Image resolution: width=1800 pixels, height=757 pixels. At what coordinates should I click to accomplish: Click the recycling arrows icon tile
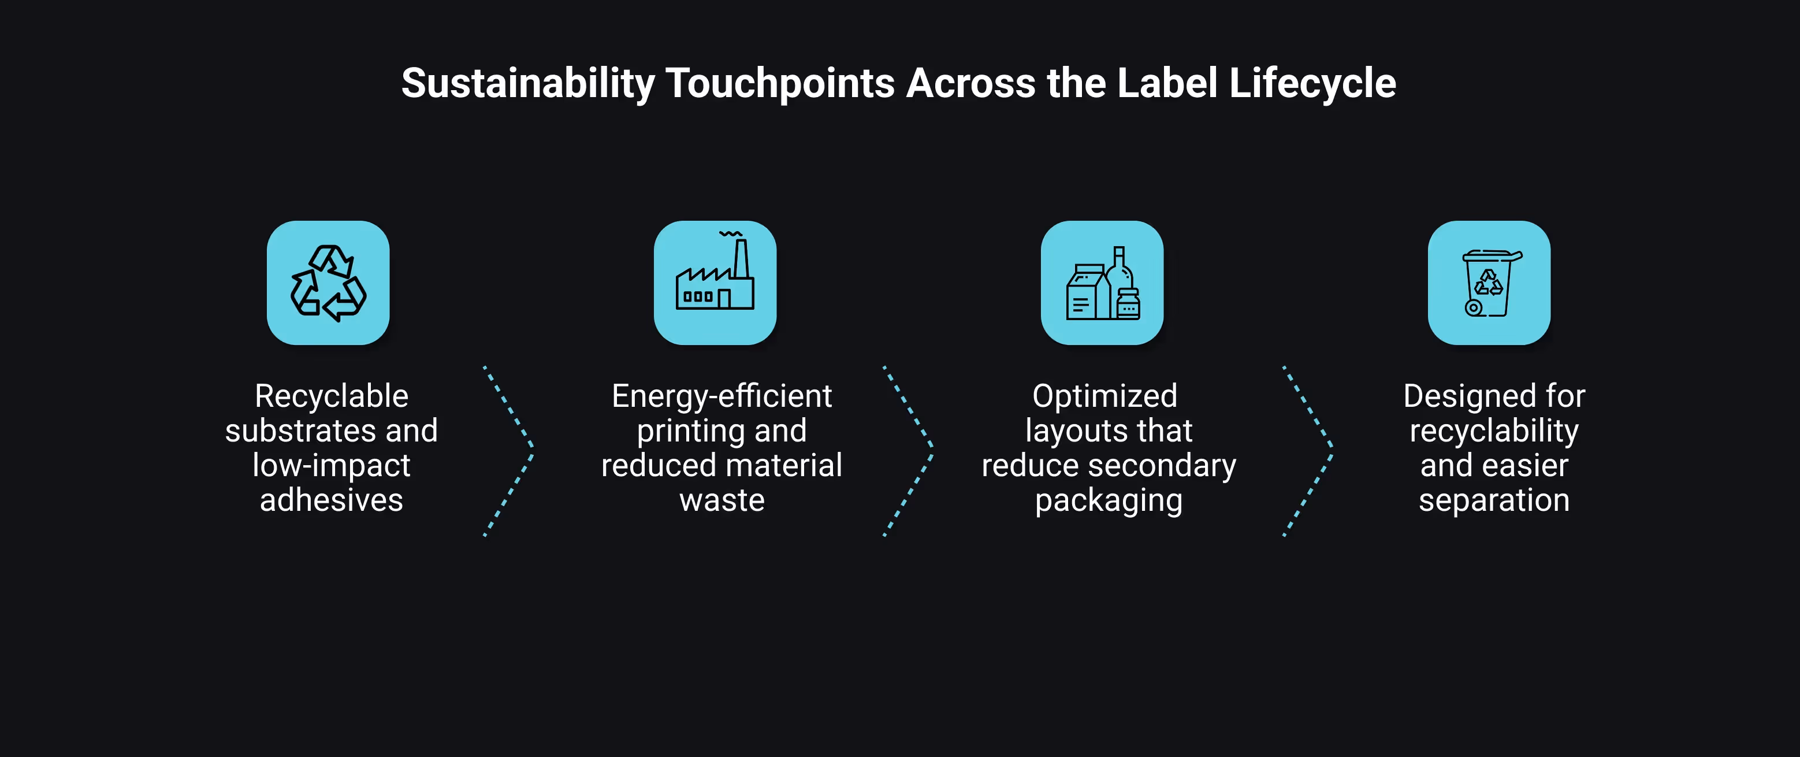pos(328,283)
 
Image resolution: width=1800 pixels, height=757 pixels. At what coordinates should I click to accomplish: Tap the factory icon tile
pos(715,283)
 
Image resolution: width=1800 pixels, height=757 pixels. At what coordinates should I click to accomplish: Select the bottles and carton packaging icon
pos(1102,283)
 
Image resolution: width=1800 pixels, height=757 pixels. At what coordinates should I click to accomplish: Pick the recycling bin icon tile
pos(1489,283)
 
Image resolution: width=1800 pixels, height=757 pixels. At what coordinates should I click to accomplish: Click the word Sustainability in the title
pos(527,83)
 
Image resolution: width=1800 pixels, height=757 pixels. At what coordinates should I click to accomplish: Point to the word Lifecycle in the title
pos(1312,83)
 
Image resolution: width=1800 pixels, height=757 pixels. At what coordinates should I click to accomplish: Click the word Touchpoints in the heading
pos(780,83)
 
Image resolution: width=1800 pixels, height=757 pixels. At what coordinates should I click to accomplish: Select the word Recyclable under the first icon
pos(331,396)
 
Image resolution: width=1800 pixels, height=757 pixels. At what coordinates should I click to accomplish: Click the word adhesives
pos(331,500)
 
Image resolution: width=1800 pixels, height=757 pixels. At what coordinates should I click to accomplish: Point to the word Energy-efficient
pos(722,396)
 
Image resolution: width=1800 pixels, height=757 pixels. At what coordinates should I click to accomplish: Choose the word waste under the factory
pos(722,500)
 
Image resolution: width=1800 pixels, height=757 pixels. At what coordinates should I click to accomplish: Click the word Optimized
pos(1104,396)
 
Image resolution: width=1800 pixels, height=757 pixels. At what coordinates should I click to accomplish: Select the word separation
pos(1494,500)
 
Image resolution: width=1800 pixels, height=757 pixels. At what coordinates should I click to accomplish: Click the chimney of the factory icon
pos(741,259)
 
